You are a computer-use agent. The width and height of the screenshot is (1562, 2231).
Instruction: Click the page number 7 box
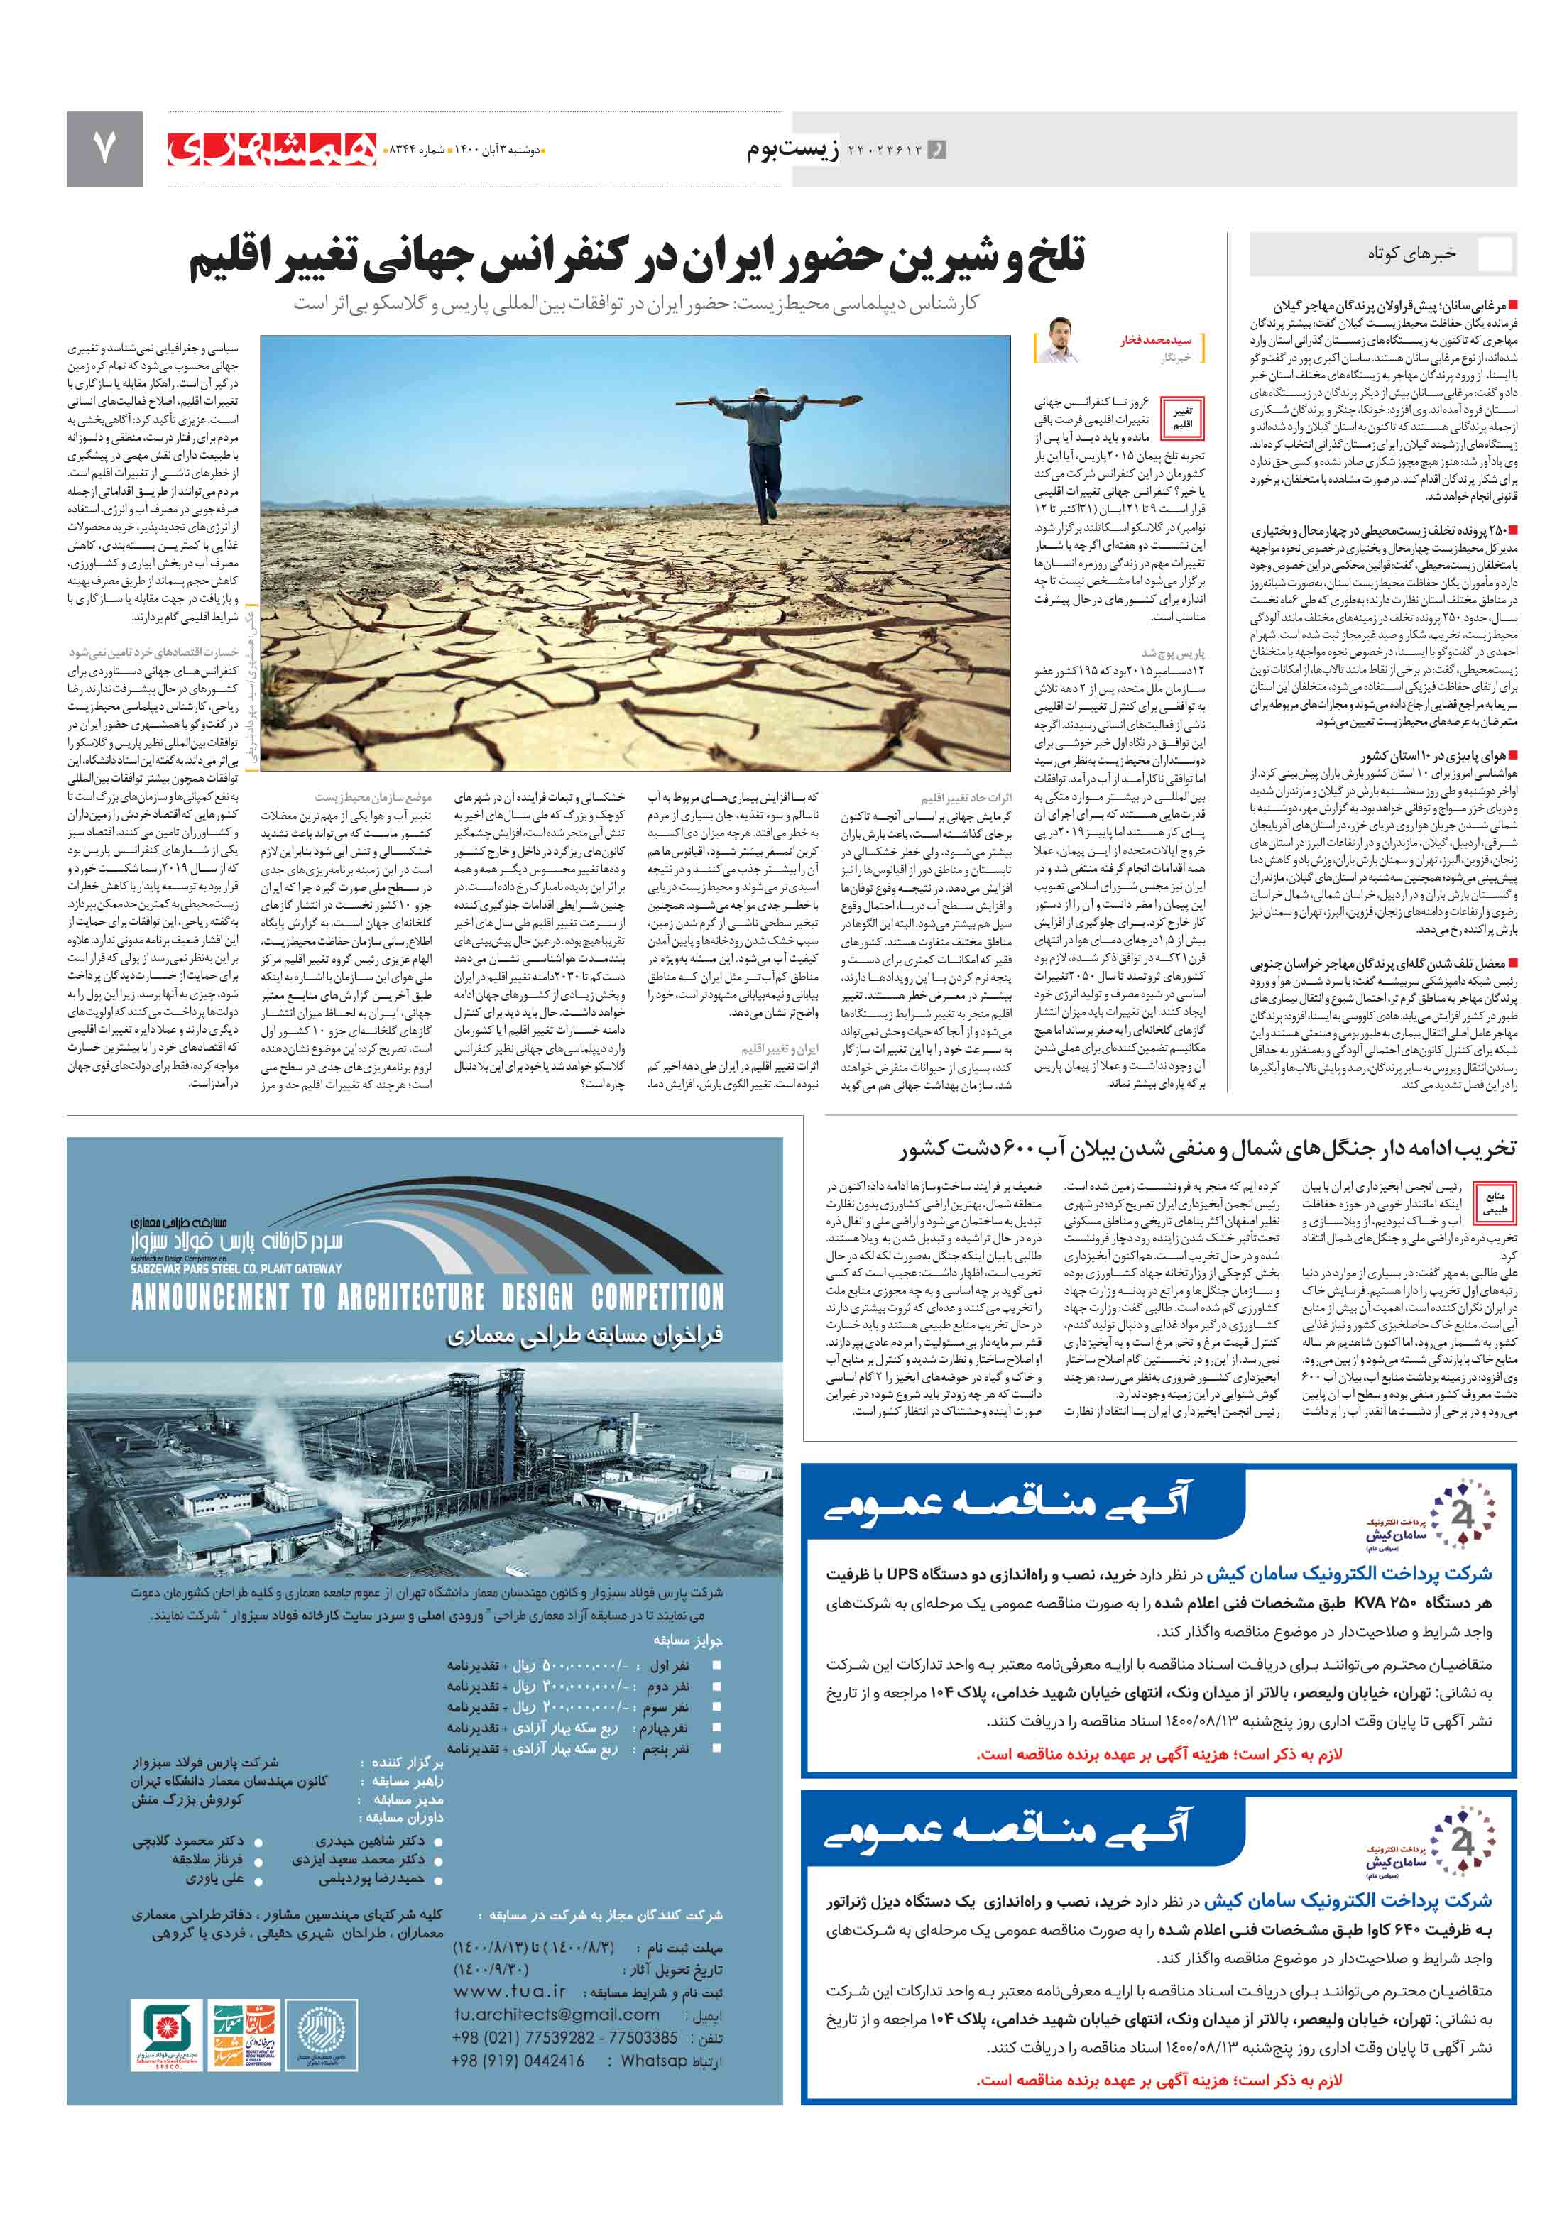pos(104,148)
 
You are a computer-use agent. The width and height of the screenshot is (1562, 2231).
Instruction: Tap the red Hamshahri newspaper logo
pos(271,148)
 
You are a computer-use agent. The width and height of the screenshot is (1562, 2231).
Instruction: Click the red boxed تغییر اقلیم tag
pos(1182,418)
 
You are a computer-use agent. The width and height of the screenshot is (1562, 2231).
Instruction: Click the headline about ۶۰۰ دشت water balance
pos(1206,1149)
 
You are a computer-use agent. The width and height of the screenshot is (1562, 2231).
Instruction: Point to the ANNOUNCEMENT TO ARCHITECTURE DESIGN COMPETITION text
pos(427,1297)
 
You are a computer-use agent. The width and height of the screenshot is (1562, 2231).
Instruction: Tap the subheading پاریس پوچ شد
pos(1172,653)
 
